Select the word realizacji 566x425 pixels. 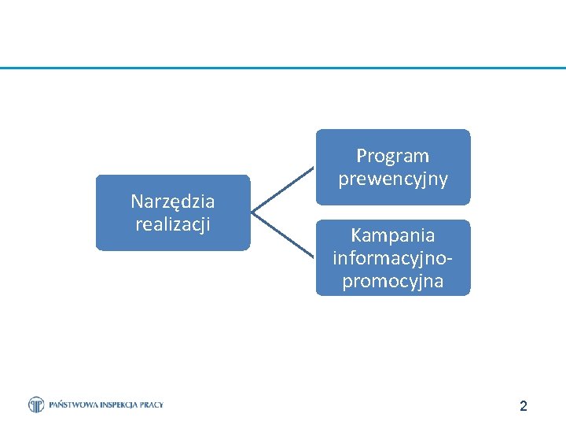(172, 224)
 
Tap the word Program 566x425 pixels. (392, 156)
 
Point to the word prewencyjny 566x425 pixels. (392, 179)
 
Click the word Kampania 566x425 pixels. (392, 235)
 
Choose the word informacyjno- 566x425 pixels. (392, 258)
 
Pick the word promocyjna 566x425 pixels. (392, 281)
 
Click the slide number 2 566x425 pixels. (524, 406)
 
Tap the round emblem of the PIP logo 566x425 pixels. (36, 405)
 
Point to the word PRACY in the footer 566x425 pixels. (153, 405)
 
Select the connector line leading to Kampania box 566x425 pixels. (283, 235)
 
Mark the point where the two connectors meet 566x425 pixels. (252, 213)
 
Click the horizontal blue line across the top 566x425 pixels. (283, 68)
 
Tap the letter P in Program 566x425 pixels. (361, 156)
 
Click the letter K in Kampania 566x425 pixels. (355, 235)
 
